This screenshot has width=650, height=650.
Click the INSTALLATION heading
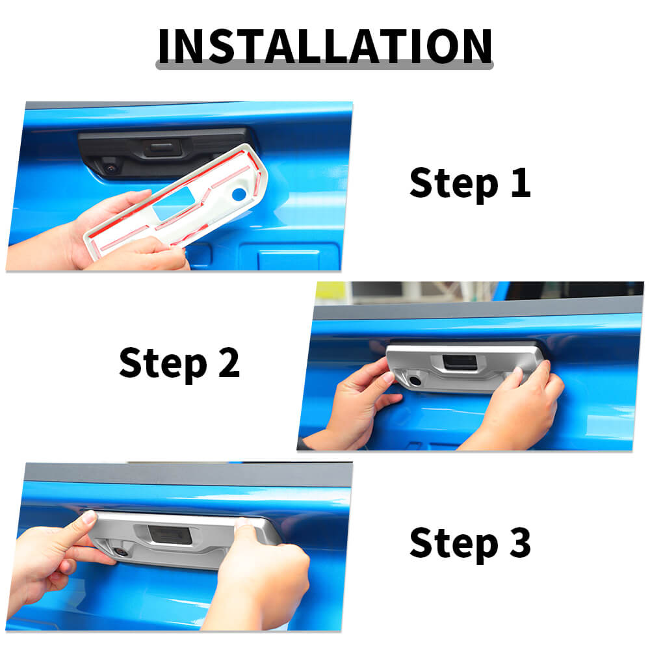(x=325, y=46)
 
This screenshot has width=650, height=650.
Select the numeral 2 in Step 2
(x=229, y=362)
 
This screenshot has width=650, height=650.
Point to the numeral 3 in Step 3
(x=520, y=542)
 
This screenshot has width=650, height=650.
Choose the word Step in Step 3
(x=454, y=544)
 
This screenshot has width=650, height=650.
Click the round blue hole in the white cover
(x=239, y=194)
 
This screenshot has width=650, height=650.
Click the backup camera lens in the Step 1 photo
(x=111, y=168)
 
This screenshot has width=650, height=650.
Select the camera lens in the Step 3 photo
(x=122, y=552)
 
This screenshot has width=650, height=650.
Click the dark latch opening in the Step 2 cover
(x=460, y=362)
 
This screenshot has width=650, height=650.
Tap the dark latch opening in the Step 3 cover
(x=170, y=534)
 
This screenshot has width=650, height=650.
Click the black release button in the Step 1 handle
(x=162, y=148)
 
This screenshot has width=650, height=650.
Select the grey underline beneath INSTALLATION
(x=324, y=65)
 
